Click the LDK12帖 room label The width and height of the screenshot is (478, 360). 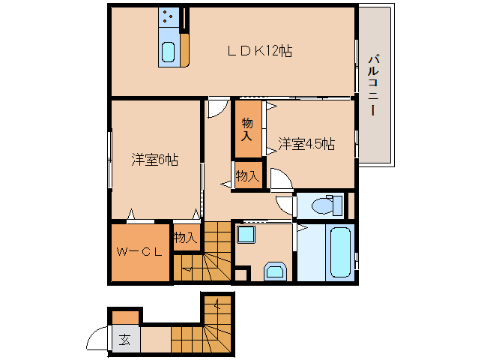(x=259, y=51)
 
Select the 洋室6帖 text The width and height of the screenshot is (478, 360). (x=155, y=160)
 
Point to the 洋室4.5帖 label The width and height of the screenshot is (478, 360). (x=306, y=142)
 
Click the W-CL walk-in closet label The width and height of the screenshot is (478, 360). (x=139, y=252)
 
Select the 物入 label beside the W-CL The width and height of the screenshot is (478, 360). (x=185, y=238)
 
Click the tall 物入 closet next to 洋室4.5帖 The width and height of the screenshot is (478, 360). (x=246, y=129)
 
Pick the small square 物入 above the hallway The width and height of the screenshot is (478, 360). (x=247, y=176)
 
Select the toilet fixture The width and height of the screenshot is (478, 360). (x=326, y=205)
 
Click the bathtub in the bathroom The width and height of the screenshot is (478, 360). (x=340, y=253)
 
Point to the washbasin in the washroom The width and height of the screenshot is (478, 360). (x=274, y=271)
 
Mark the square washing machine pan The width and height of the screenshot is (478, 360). (x=246, y=235)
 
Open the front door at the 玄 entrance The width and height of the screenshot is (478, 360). (x=97, y=340)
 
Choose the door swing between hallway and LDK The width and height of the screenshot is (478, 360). (x=216, y=108)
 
